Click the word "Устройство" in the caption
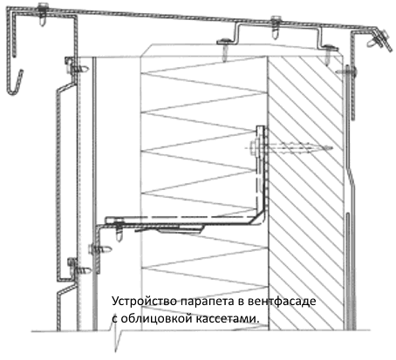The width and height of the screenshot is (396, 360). (x=144, y=301)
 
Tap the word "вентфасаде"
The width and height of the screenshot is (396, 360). (x=282, y=301)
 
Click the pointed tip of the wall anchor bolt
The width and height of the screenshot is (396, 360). (x=331, y=148)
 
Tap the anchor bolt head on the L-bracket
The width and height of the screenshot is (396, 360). (x=254, y=148)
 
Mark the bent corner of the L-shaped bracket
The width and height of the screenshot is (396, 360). (x=261, y=219)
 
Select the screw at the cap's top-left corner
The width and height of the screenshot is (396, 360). (x=43, y=15)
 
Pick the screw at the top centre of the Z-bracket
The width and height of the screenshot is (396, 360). (x=275, y=27)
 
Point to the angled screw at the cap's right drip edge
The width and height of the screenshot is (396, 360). (x=378, y=39)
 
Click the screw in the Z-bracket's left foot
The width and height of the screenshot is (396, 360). (x=225, y=50)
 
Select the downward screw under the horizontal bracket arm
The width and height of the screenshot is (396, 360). (x=119, y=231)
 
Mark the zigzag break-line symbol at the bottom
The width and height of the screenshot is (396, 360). (x=116, y=337)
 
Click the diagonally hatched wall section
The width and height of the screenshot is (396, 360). (x=305, y=192)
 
